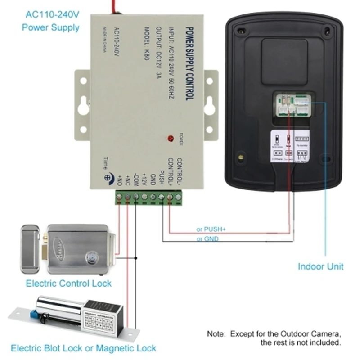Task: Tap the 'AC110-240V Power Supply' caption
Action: (50, 20)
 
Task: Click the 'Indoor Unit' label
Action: (320, 266)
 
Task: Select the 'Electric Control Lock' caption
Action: (68, 283)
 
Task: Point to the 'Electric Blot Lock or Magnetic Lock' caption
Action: (83, 348)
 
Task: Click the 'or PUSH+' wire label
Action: (211, 229)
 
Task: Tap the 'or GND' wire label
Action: (207, 239)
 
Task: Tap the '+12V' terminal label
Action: (144, 179)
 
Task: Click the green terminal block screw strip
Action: (148, 197)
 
